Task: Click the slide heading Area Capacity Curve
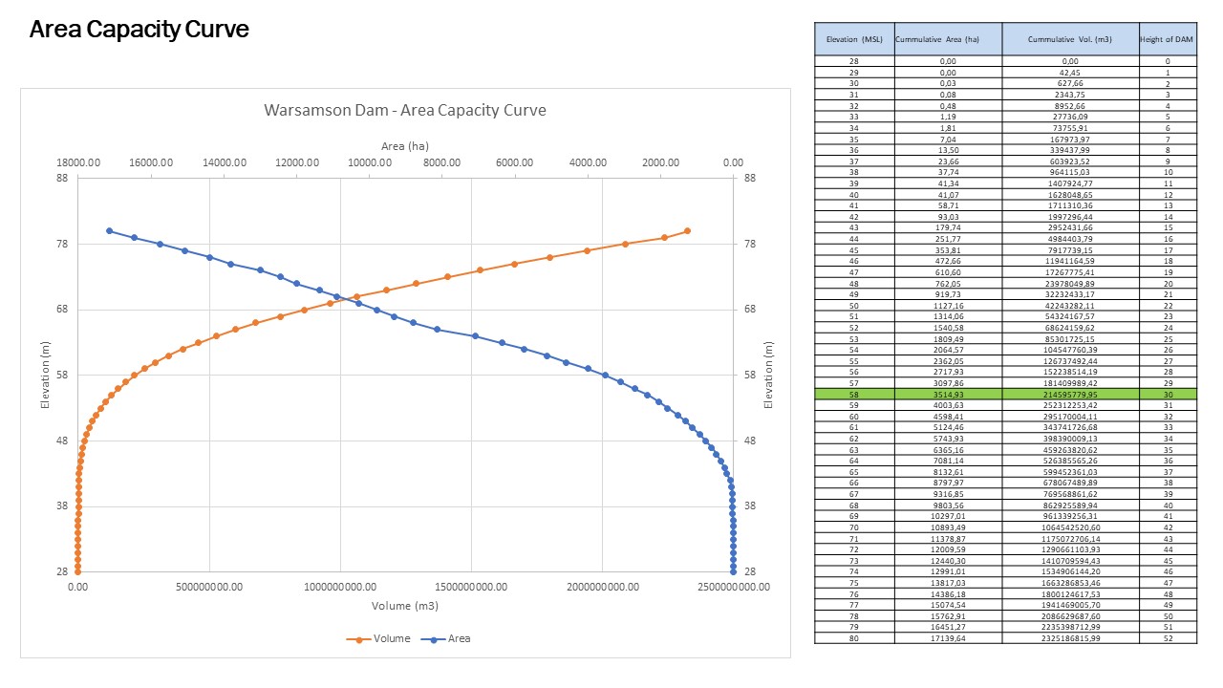pyautogui.click(x=139, y=30)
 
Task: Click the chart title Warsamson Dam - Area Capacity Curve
pyautogui.click(x=405, y=110)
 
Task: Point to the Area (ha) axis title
pyautogui.click(x=405, y=146)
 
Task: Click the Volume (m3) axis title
pyautogui.click(x=405, y=606)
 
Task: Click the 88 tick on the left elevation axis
pyautogui.click(x=62, y=178)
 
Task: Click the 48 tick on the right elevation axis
pyautogui.click(x=750, y=441)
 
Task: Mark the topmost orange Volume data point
pyautogui.click(x=687, y=231)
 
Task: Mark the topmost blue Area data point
pyautogui.click(x=109, y=231)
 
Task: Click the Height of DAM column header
pyautogui.click(x=1167, y=38)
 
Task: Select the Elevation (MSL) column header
pyautogui.click(x=854, y=38)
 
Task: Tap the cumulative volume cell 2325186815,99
pyautogui.click(x=1070, y=638)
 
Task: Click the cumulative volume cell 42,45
pyautogui.click(x=1070, y=73)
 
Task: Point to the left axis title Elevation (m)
pyautogui.click(x=45, y=375)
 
